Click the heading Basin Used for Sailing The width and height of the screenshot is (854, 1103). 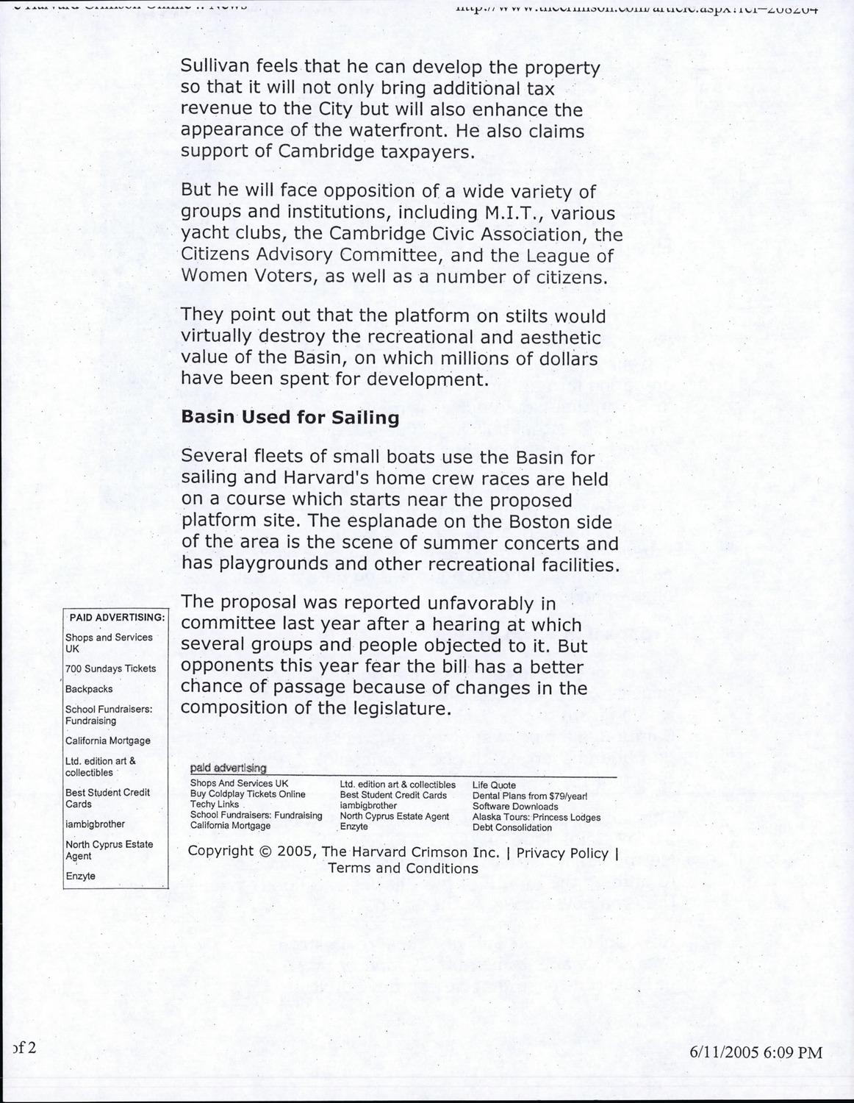[290, 418]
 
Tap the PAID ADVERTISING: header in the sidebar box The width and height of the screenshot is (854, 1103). [116, 617]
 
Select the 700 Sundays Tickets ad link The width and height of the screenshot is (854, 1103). [110, 668]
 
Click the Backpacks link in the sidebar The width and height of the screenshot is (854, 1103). [89, 689]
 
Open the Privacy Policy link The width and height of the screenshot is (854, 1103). [562, 853]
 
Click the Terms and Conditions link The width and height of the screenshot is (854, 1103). [403, 868]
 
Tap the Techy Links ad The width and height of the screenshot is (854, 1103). [215, 805]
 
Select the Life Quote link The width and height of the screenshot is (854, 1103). [494, 785]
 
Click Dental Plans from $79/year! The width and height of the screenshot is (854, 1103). [529, 796]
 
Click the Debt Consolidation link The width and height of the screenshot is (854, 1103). [512, 827]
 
